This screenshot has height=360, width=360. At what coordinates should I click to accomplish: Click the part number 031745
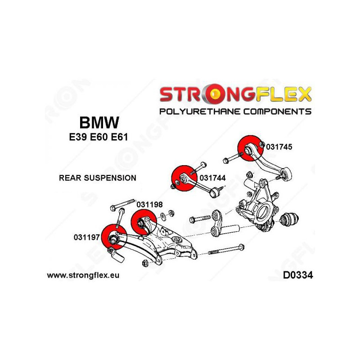279,146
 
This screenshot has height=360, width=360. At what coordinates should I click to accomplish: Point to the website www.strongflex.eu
83,275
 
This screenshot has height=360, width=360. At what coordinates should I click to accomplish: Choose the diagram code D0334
297,275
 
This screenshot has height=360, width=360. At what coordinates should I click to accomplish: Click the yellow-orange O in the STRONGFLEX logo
217,94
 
